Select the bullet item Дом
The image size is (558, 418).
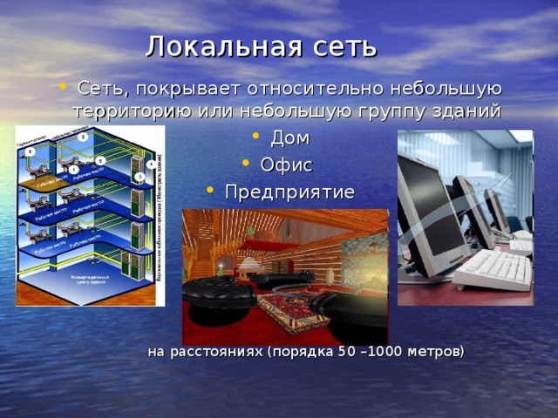pyautogui.click(x=289, y=138)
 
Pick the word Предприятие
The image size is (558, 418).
pyautogui.click(x=289, y=192)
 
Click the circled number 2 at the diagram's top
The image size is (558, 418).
pyautogui.click(x=81, y=138)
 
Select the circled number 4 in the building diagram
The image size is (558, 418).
pyautogui.click(x=151, y=164)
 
